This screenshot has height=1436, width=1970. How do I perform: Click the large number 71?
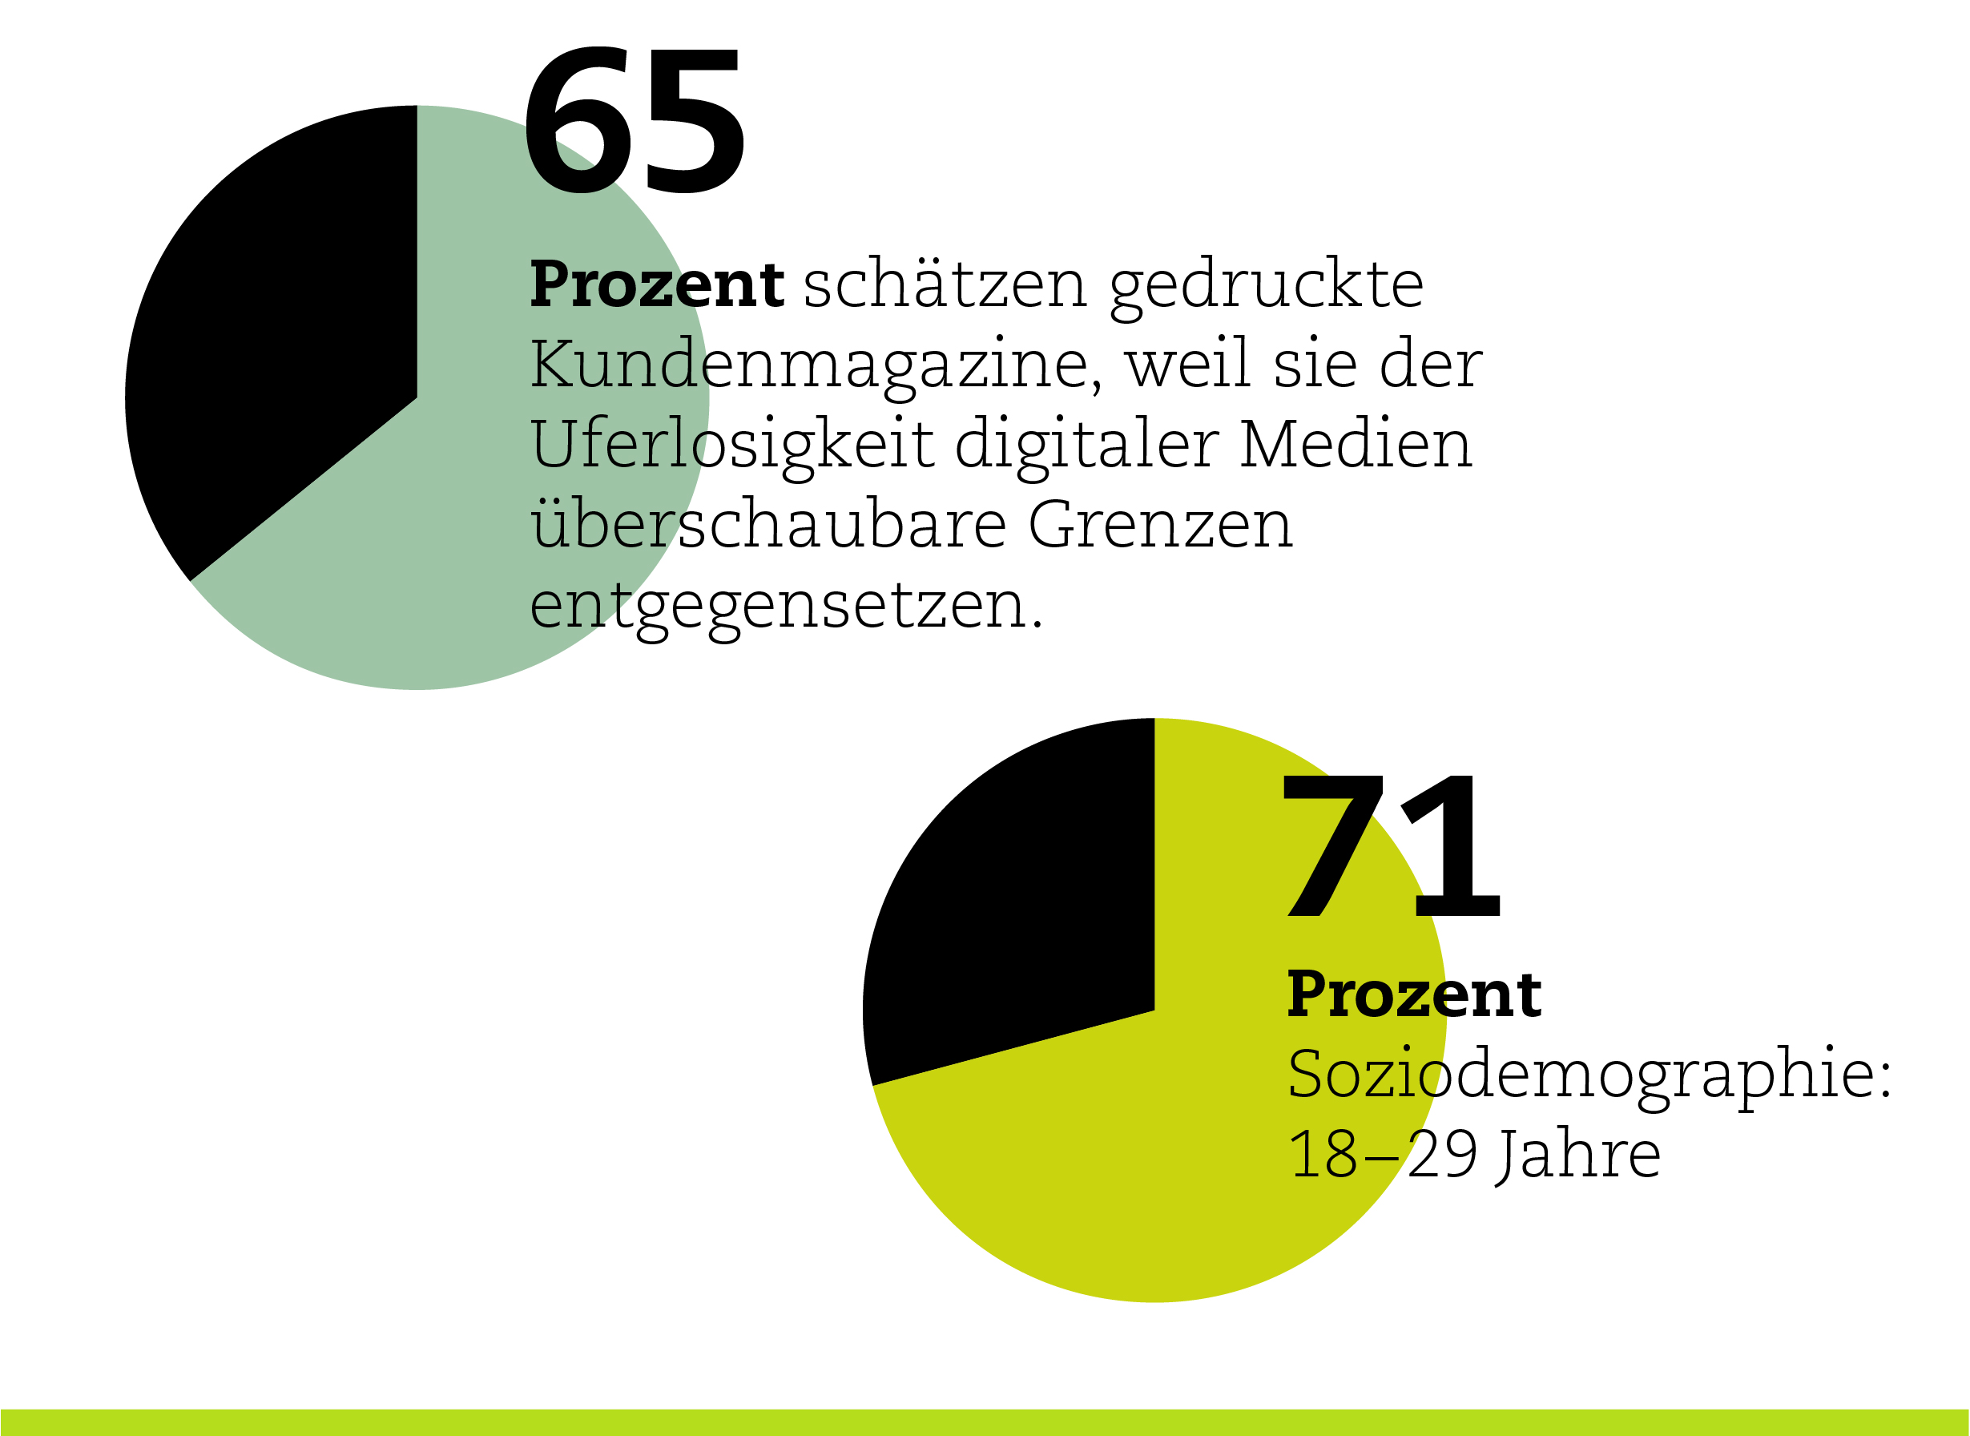[x=1392, y=845]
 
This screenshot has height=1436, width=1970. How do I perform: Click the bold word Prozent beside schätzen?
[x=657, y=284]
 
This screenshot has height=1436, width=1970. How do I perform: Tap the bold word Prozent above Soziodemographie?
[x=1414, y=994]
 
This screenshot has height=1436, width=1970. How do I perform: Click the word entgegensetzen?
[x=787, y=606]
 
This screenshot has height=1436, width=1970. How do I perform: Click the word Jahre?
[x=1579, y=1156]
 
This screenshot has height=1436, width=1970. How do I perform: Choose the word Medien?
[x=1356, y=444]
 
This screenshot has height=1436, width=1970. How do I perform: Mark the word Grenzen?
[x=1161, y=525]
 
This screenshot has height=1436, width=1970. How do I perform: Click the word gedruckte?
[x=1267, y=285]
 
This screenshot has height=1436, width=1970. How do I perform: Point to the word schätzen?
[x=945, y=284]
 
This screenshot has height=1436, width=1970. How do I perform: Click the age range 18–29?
[x=1383, y=1156]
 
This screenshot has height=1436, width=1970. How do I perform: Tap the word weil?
[x=1188, y=365]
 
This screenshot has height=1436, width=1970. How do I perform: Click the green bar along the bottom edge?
[x=985, y=1423]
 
